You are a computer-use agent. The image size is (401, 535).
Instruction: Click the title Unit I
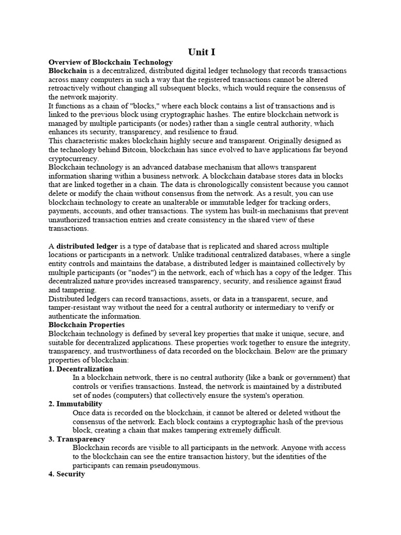tap(201, 52)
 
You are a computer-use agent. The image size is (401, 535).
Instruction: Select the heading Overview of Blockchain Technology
tap(111, 62)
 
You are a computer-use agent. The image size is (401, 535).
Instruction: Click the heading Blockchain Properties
tap(87, 324)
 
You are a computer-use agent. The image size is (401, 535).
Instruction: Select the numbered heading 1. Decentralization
tap(81, 369)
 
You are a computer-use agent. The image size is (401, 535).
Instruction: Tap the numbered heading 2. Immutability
tap(76, 404)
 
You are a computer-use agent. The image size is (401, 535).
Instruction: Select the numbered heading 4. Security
tap(67, 474)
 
